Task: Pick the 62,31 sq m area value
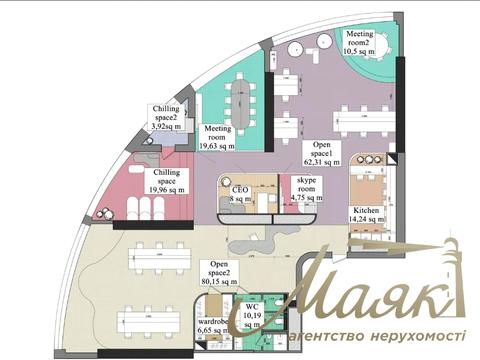pyautogui.click(x=319, y=164)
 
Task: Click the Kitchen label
pyautogui.click(x=365, y=211)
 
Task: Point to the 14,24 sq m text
pyautogui.click(x=365, y=222)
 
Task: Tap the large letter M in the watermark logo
pyautogui.click(x=322, y=288)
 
